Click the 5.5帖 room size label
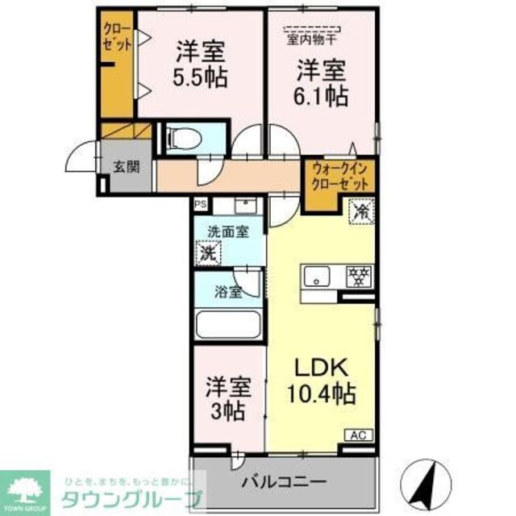(199, 78)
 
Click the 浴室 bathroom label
(228, 292)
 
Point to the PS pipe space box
(199, 205)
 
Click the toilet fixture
(184, 139)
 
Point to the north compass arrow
(428, 476)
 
